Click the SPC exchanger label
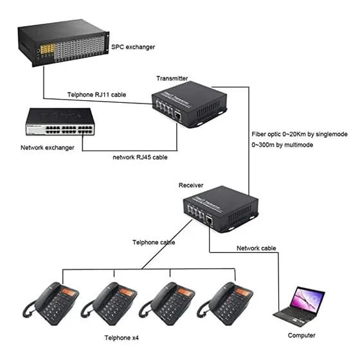coord(133,47)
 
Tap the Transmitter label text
coord(172,78)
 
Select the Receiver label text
coord(191,185)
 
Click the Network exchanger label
coord(48,148)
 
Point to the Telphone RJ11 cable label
coord(96,94)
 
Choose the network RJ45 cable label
coord(140,157)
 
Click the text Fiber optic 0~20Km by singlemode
coord(300,134)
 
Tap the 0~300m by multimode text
coord(282,145)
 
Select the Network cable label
coord(256,248)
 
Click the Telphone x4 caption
coord(122,337)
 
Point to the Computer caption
coord(301,336)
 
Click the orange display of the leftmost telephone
coord(69,292)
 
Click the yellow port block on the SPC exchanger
coord(48,49)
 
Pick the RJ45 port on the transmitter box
coord(177,116)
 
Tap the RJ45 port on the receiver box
coord(209,221)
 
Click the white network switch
coord(60,122)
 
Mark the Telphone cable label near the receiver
coord(154,242)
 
